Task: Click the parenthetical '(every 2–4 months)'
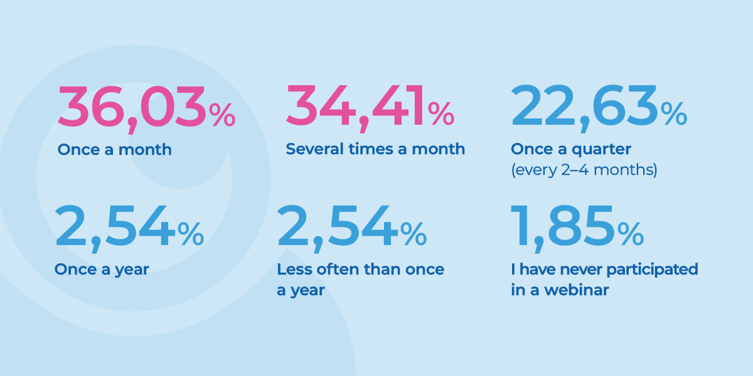(x=584, y=170)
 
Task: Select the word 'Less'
(x=292, y=269)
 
